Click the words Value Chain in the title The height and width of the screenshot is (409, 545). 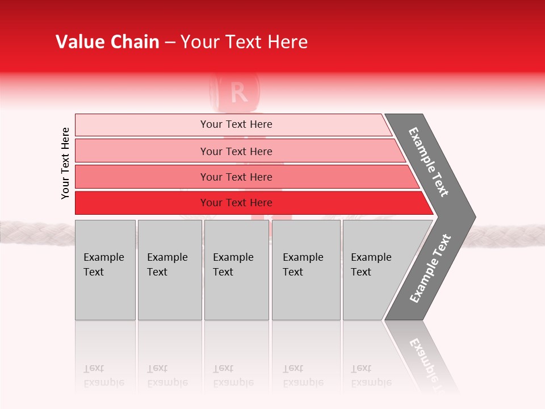pos(107,42)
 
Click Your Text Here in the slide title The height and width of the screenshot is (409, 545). pos(244,42)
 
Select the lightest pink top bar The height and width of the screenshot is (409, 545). pos(236,124)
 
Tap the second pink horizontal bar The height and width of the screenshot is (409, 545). pos(236,151)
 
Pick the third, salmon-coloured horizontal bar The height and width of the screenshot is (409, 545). pos(236,177)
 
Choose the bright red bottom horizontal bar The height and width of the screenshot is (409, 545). pos(236,203)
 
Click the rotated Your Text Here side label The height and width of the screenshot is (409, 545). pos(65,163)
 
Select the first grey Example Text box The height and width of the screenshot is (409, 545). pos(105,270)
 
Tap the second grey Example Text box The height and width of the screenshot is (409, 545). pos(169,270)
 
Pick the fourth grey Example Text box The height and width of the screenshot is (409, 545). pos(305,270)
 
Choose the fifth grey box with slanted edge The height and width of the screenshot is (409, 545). pos(375,270)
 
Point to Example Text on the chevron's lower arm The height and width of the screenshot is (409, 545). pos(430,268)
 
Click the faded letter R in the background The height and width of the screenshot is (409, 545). pos(240,93)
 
